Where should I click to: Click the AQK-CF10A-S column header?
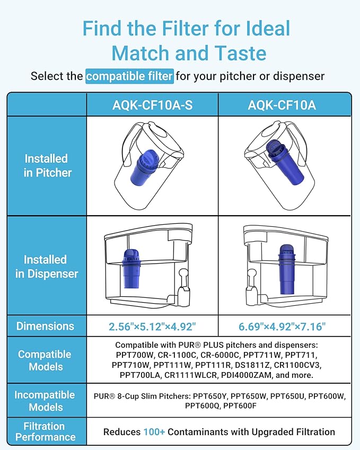coord(152,105)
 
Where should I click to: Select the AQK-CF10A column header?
coord(282,105)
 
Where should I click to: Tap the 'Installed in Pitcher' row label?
coord(47,165)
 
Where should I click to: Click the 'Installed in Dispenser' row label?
coord(47,267)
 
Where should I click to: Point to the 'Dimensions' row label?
coord(46,326)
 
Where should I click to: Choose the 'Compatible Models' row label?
coord(46,360)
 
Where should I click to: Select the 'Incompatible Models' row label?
coord(46,401)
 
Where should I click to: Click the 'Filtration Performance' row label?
coord(46,431)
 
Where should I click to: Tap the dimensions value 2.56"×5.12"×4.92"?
coord(152,327)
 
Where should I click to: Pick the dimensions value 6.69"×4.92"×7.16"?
coord(282,327)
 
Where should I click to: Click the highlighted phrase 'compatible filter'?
coord(129,76)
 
